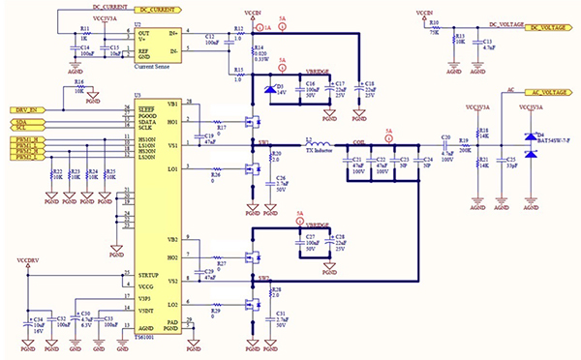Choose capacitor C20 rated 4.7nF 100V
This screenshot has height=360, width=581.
coord(446,145)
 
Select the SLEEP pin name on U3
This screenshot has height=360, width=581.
coord(146,109)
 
